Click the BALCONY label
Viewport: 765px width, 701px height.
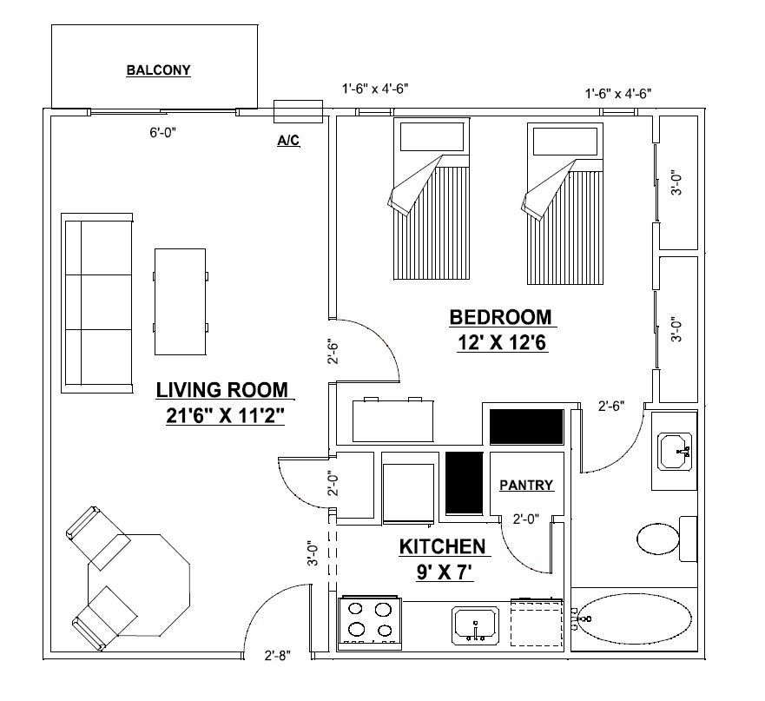tap(158, 70)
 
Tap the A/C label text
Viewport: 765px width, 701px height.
tap(288, 141)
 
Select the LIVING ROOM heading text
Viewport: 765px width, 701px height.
tap(222, 390)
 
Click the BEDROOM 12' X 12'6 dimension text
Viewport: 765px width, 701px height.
tap(502, 343)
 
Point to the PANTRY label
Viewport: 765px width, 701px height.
tap(526, 485)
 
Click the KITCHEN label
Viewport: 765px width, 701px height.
tap(443, 546)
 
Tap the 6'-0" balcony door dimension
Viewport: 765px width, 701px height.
tap(162, 132)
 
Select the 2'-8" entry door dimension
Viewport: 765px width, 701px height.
tap(278, 656)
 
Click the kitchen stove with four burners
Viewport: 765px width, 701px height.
tap(369, 624)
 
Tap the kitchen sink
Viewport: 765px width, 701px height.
tap(475, 625)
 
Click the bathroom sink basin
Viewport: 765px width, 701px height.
tap(675, 451)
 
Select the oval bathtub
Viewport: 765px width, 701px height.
tap(634, 618)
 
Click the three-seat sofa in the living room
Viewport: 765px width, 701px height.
tap(97, 303)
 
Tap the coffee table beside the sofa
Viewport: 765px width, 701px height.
tap(180, 301)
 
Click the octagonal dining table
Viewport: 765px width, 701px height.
tap(139, 585)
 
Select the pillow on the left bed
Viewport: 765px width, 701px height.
tap(432, 136)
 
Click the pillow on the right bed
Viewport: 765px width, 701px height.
tap(565, 142)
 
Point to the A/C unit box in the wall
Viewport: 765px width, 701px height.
tap(298, 111)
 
